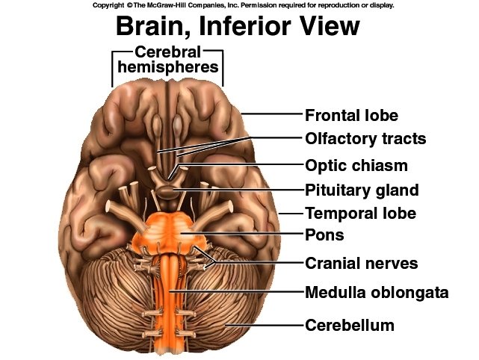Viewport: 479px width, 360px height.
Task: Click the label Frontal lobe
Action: click(351, 116)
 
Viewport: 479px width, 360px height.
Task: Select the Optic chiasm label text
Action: click(355, 165)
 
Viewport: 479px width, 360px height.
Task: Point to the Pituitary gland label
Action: click(361, 190)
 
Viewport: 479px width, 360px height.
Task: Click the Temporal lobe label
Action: click(360, 214)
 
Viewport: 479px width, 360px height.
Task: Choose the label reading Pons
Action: click(324, 235)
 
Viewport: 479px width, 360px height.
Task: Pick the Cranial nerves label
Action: click(361, 263)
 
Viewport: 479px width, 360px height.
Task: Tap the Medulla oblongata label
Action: click(377, 292)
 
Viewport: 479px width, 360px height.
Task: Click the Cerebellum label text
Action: click(349, 326)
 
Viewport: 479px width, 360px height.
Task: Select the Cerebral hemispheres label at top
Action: click(167, 60)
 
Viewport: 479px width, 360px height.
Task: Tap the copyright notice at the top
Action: click(244, 4)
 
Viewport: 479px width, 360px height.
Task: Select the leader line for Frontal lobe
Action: click(273, 115)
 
